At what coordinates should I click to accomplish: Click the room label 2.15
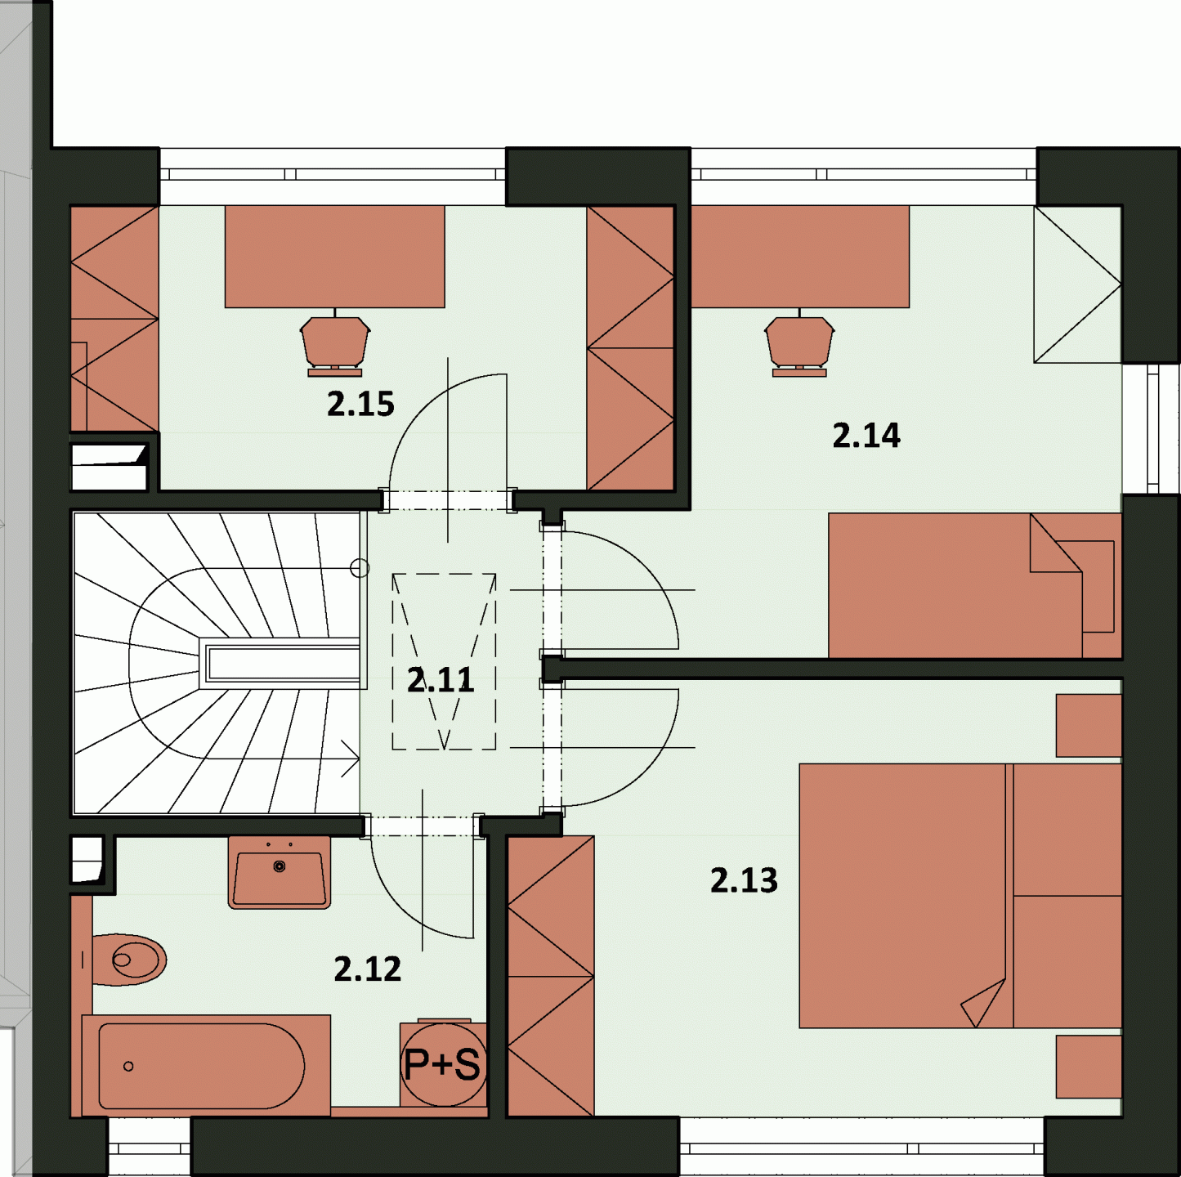pyautogui.click(x=360, y=405)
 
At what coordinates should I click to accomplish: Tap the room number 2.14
pyautogui.click(x=866, y=436)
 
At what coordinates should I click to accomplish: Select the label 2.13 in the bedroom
pyautogui.click(x=744, y=880)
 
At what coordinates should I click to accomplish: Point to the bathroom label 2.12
pyautogui.click(x=368, y=969)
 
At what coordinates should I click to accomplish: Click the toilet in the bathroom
pyautogui.click(x=128, y=960)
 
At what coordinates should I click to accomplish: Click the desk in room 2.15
pyautogui.click(x=334, y=257)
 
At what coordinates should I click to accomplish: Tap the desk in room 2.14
pyautogui.click(x=800, y=257)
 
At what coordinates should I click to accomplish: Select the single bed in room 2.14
pyautogui.click(x=974, y=586)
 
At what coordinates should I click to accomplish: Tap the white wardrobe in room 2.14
pyautogui.click(x=1077, y=284)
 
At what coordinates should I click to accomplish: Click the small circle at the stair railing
pyautogui.click(x=360, y=568)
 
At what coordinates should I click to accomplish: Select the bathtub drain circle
pyautogui.click(x=128, y=1067)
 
